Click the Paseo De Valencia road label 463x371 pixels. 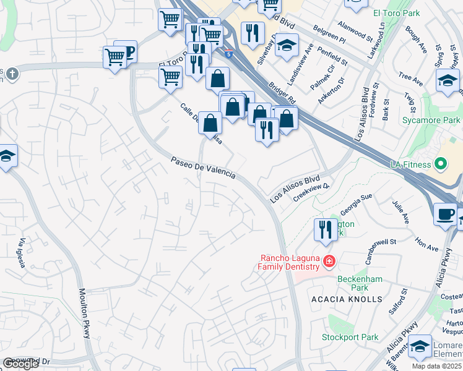pos(203,168)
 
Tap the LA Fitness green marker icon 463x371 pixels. pos(441,164)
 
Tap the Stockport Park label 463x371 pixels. pos(350,338)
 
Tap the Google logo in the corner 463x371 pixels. pos(20,364)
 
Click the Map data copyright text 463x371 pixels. pos(437,366)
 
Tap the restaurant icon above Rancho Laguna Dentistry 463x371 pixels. pos(326,230)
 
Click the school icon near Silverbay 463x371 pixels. pos(287,45)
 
